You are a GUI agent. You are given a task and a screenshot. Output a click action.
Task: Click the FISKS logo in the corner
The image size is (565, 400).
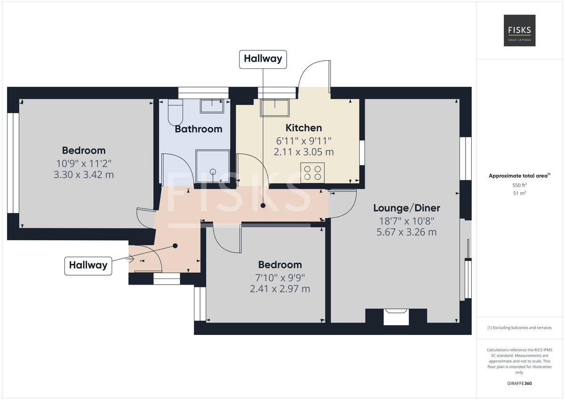click(519, 30)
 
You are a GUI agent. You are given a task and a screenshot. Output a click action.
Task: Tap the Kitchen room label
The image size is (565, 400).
click(304, 128)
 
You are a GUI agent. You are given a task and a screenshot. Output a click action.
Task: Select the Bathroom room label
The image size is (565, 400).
click(198, 129)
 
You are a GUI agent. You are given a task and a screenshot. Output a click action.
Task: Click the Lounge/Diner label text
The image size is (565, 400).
click(406, 208)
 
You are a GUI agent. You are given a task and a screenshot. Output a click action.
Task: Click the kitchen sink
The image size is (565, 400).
click(275, 108)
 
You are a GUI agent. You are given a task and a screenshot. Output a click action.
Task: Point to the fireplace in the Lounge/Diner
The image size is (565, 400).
click(396, 316)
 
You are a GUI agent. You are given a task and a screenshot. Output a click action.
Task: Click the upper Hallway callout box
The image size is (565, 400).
click(263, 59)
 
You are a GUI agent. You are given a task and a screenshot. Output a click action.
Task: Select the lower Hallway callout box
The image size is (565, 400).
click(88, 265)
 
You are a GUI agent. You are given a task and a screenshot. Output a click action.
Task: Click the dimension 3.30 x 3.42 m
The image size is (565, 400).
click(84, 175)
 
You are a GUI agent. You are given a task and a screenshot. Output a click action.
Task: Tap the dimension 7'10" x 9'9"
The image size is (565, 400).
click(280, 277)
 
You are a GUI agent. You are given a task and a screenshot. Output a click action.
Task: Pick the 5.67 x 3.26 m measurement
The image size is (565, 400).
click(406, 232)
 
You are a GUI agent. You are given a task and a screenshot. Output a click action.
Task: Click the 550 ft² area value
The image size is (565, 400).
click(519, 185)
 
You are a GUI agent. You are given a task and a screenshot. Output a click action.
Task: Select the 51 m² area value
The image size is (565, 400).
click(519, 193)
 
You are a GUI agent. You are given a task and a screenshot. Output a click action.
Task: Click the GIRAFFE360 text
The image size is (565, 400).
click(519, 384)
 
